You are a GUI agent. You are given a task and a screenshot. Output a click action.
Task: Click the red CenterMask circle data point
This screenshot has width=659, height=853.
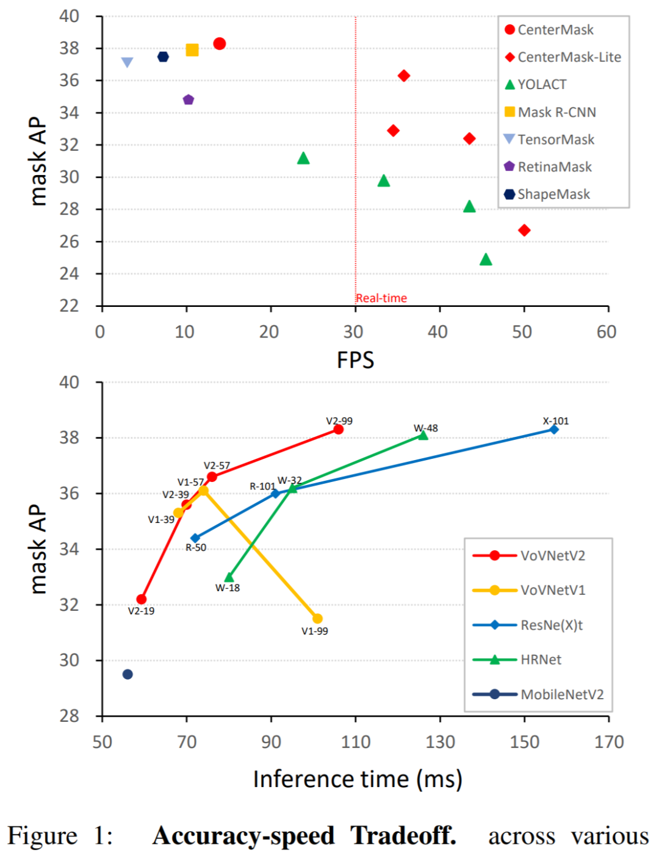tap(220, 43)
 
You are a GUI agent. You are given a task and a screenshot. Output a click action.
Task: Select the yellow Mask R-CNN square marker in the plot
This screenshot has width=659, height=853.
tap(192, 50)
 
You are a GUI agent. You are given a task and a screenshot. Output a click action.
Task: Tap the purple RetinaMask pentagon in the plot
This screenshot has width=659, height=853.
tap(189, 99)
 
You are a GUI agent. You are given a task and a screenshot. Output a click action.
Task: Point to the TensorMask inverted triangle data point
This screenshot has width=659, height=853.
tap(127, 62)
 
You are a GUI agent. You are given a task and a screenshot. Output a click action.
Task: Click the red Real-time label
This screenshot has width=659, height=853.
tap(381, 298)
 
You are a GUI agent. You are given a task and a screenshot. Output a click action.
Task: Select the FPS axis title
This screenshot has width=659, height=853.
tap(355, 360)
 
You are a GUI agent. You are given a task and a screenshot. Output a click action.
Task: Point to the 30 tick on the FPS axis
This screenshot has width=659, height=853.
tap(354, 332)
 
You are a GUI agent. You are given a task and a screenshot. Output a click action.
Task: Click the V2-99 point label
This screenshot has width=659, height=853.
tap(339, 421)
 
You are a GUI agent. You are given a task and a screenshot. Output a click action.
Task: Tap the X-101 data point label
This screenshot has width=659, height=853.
tap(556, 421)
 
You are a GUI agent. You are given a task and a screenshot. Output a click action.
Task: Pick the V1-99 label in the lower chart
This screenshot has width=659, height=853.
tap(315, 631)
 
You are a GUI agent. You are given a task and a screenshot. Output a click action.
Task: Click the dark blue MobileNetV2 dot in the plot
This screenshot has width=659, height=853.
tap(128, 674)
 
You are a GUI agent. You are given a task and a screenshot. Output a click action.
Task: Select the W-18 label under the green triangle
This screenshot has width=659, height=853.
tap(228, 588)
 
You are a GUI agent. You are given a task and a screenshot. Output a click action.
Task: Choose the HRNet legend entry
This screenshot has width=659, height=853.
tap(541, 660)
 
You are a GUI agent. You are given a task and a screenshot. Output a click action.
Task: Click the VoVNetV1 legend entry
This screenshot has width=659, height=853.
tap(552, 590)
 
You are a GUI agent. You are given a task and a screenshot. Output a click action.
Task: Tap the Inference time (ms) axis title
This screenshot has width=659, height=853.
tap(358, 779)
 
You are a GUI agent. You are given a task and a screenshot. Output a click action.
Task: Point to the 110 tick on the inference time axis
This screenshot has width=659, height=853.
tap(356, 742)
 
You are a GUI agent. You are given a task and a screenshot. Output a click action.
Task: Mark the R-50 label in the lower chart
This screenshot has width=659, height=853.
tap(196, 547)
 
